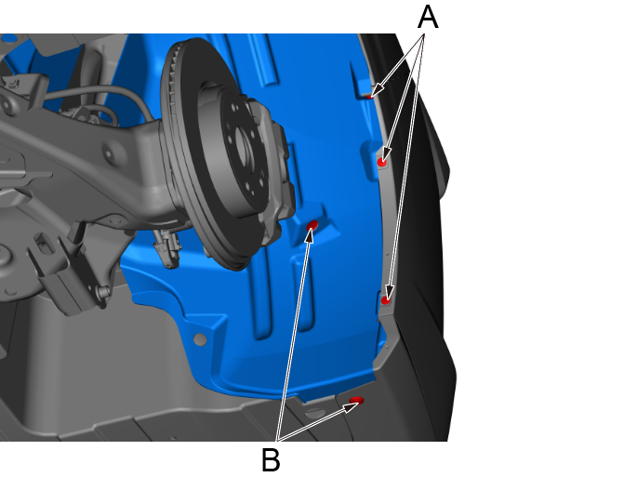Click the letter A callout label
(428, 18)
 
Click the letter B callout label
(271, 459)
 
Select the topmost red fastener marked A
(370, 97)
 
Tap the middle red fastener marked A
(382, 162)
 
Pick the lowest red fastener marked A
(386, 300)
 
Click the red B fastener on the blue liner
(312, 226)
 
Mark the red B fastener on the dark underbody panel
(356, 400)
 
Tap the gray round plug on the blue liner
(200, 339)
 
